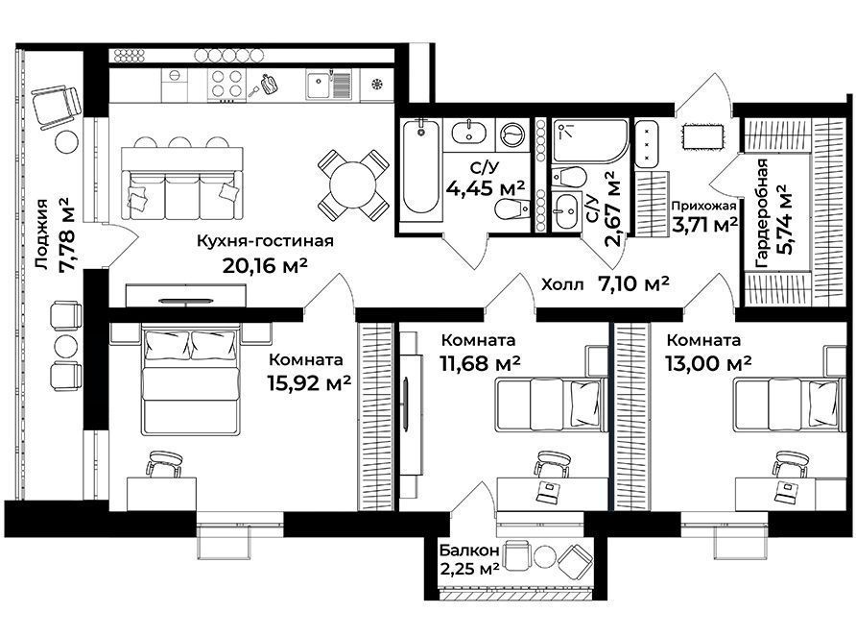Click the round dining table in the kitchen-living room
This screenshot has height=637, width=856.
[x=353, y=184]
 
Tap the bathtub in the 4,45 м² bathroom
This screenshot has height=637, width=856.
[x=420, y=171]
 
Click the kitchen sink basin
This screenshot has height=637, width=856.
[x=318, y=86]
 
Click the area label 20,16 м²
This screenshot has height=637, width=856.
[x=265, y=265]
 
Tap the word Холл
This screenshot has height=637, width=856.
[x=562, y=284]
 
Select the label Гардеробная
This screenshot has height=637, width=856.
[x=762, y=212]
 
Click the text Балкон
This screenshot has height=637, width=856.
[x=469, y=551]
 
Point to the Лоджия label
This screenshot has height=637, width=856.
[x=42, y=234]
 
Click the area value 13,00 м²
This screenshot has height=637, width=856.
[x=708, y=362]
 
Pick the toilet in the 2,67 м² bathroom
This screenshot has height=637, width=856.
[x=568, y=177]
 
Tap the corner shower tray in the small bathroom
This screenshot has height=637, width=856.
[x=589, y=140]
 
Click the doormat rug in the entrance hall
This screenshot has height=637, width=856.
[x=703, y=135]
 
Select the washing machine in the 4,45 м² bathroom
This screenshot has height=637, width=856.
[x=512, y=135]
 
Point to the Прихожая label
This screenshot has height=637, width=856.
[x=703, y=207]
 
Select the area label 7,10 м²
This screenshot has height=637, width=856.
[x=633, y=283]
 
